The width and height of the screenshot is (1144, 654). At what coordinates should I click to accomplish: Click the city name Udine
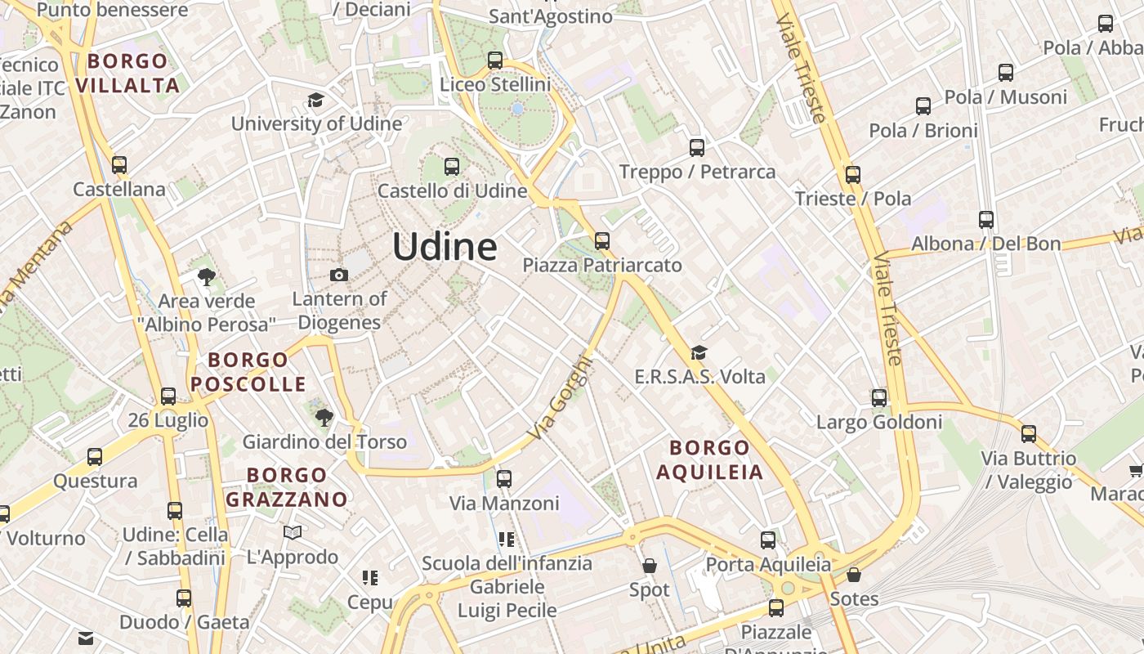coord(445,246)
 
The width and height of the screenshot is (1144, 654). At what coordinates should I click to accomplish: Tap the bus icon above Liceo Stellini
coord(494,60)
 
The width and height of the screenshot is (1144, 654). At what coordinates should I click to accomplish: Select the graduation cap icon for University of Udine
coord(315,101)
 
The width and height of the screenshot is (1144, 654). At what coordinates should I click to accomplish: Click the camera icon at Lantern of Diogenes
coord(339,275)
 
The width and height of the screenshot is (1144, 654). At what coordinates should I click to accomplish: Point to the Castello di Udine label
coord(452,191)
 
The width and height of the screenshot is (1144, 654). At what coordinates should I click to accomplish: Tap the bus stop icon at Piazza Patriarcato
coord(602,240)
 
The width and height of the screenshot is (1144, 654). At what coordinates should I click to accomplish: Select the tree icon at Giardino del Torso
coord(324,418)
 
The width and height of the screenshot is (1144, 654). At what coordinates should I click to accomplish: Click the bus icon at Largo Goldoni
coord(879,398)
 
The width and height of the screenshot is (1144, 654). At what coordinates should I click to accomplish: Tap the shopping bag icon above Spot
coord(650,566)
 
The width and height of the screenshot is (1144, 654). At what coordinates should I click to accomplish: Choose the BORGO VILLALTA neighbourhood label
coord(127,73)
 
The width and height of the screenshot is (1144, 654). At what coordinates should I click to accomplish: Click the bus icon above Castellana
coord(119,165)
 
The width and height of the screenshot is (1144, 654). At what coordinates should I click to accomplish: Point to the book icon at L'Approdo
coord(293,533)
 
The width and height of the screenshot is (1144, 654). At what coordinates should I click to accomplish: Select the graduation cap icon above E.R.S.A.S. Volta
coord(699,352)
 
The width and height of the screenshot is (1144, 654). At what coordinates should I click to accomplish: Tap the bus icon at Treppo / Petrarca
coord(697,148)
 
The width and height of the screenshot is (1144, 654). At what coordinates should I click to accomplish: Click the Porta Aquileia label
coord(768,564)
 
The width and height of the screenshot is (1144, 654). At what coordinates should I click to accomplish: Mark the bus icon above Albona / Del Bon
coord(986,219)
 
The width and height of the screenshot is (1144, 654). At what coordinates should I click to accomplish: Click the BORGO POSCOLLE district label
coord(248,371)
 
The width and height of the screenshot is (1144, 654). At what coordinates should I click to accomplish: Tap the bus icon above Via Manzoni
coord(504,479)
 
